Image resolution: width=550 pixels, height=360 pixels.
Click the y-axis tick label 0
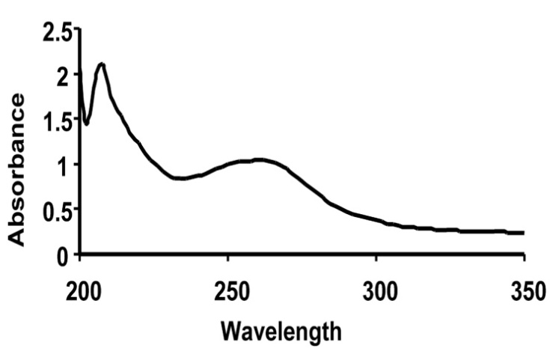point(65,255)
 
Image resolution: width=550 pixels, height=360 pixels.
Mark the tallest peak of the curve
point(102,64)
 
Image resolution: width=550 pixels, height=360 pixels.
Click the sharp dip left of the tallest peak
point(87,123)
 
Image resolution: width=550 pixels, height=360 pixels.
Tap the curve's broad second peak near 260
point(258,159)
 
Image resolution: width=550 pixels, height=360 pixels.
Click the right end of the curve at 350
point(523,233)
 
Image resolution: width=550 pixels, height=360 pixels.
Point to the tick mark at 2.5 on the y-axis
point(79,29)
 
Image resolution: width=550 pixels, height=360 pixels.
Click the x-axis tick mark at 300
point(376,257)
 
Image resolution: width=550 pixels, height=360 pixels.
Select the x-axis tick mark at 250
point(229,257)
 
